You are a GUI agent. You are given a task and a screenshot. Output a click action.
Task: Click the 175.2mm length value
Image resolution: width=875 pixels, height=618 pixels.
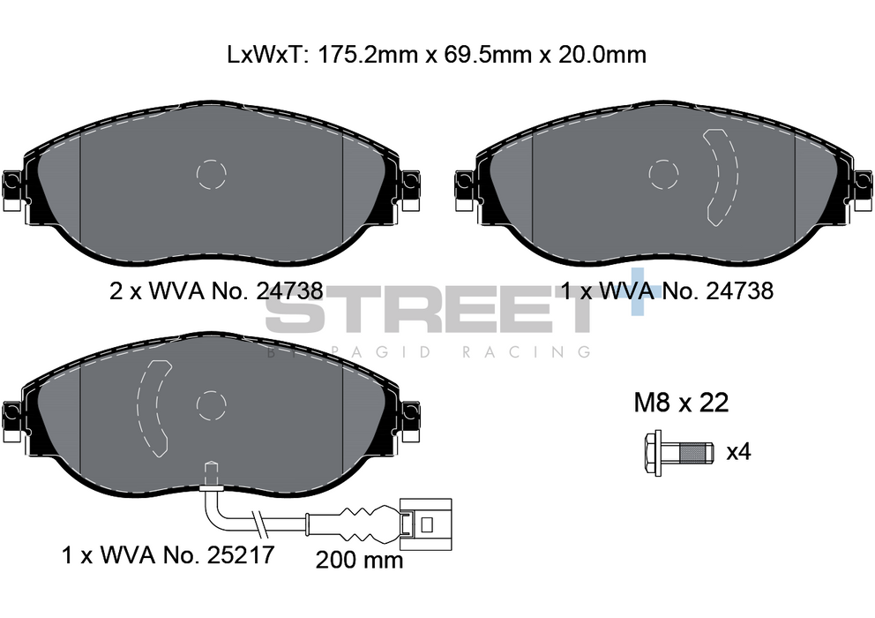pos(367,55)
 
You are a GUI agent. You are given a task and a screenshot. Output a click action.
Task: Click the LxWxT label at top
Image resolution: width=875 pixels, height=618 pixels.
pos(265,55)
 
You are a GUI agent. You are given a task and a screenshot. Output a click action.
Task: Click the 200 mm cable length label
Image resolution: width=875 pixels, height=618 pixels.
pos(359,560)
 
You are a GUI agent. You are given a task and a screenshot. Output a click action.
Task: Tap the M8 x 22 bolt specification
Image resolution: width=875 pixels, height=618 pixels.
pos(681,403)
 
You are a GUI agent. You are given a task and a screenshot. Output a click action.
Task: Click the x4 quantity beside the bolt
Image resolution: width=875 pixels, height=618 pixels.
pos(738,451)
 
